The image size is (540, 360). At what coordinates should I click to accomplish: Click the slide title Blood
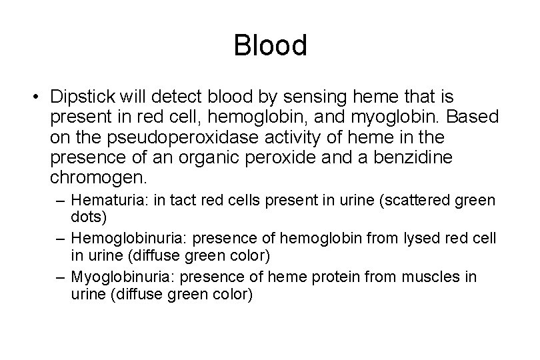click(270, 46)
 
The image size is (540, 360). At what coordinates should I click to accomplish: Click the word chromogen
click(97, 179)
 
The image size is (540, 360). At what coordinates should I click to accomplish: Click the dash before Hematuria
click(60, 200)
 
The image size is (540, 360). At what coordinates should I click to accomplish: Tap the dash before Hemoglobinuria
click(60, 238)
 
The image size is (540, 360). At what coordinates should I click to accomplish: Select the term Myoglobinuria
click(114, 276)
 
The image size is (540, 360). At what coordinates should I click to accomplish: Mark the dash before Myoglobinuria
click(60, 276)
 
